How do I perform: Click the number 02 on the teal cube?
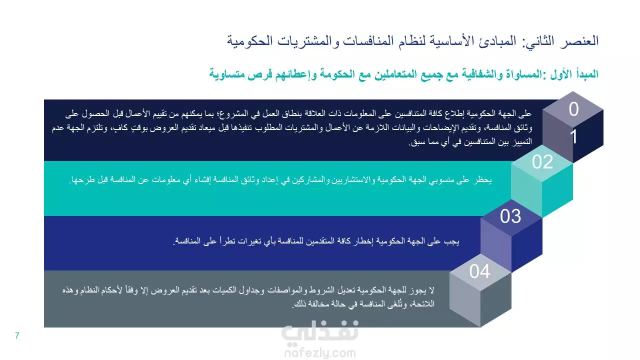click(x=542, y=162)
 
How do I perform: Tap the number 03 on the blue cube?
click(x=510, y=216)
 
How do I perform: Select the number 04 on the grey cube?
click(x=479, y=271)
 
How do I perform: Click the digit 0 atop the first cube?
click(x=573, y=109)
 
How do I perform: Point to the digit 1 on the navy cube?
click(x=573, y=136)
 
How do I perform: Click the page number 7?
click(x=17, y=335)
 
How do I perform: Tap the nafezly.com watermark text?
click(x=320, y=353)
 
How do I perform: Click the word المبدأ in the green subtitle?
click(x=586, y=74)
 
